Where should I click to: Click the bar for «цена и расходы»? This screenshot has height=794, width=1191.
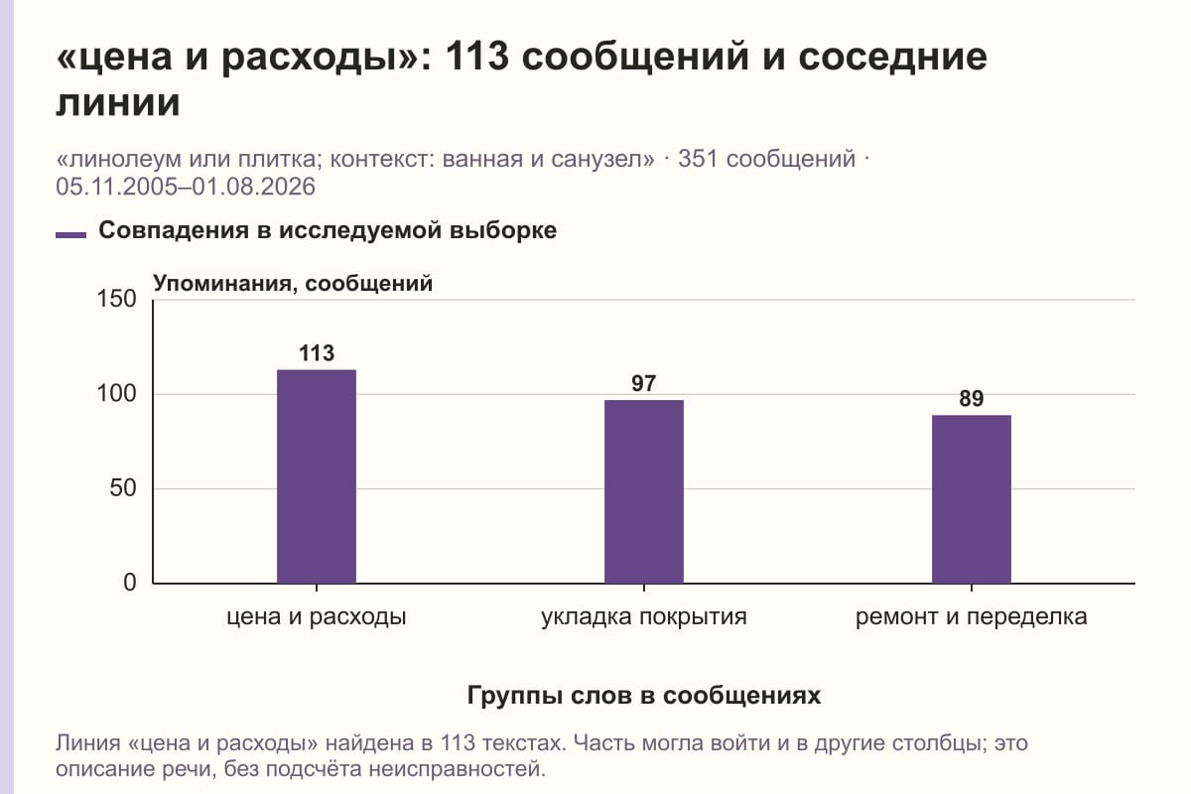coord(317,476)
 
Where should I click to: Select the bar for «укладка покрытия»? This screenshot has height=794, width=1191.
coord(644,491)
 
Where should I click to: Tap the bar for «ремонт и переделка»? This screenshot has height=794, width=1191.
coord(972,499)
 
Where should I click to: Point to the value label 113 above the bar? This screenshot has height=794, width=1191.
coord(317,353)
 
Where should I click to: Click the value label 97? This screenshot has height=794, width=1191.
coord(644,383)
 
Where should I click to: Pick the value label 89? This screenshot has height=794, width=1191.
coord(972,399)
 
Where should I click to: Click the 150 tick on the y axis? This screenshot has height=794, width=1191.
coord(116,299)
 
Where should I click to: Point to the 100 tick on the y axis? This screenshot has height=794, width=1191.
coord(116,394)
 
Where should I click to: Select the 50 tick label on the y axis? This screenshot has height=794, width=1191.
coord(123,488)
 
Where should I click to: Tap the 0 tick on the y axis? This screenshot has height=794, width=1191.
coord(130,583)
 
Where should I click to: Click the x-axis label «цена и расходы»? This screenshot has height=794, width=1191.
coord(317,617)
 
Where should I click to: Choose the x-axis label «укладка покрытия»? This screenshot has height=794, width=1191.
coord(644,617)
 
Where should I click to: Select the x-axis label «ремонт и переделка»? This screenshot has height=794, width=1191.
coord(972,617)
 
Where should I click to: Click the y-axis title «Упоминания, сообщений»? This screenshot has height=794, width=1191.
coord(293,284)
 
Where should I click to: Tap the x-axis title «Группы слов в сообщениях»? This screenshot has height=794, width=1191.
coord(644,695)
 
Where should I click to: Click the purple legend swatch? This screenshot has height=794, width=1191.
coord(70,235)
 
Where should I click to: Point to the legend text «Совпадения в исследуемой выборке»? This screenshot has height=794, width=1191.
coord(328,231)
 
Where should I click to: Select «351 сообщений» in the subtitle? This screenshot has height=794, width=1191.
coord(766,159)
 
